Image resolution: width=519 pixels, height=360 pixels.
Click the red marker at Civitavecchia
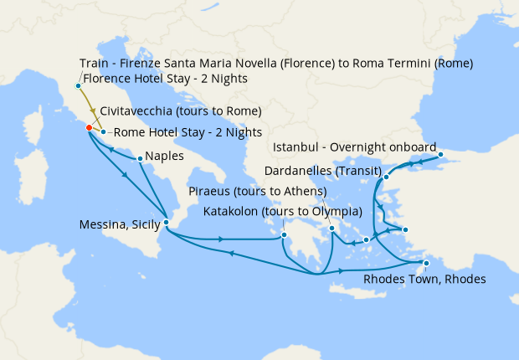pos(88,128)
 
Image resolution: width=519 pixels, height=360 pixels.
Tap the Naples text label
pos(164,156)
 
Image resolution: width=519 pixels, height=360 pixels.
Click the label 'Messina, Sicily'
pos(119,224)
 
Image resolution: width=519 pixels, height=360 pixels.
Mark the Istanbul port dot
pos(440,155)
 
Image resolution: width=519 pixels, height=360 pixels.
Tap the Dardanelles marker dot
pos(387,177)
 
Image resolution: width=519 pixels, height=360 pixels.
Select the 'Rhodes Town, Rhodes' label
pos(424,279)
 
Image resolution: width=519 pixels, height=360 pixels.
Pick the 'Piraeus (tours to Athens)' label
pos(258,191)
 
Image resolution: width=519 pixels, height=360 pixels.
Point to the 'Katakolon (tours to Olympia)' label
pos(283,210)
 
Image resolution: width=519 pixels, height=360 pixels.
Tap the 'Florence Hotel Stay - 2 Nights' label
pos(165,80)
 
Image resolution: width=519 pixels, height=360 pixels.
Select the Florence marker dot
pos(78,85)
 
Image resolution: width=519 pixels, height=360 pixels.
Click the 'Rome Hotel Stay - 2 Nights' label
pos(188,131)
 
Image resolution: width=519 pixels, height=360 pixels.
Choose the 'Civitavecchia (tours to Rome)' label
pos(181,111)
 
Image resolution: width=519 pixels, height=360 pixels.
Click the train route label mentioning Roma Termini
pos(276,64)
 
